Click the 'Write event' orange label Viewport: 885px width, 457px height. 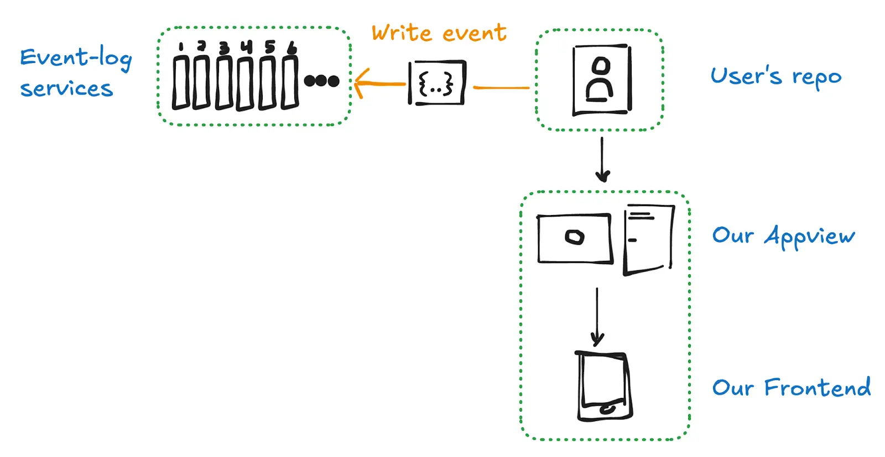tap(439, 33)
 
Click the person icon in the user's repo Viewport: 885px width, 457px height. tap(601, 80)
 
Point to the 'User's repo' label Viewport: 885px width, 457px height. tap(775, 76)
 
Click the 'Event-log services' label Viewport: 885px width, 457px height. tap(76, 73)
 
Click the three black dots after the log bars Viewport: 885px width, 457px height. tap(321, 81)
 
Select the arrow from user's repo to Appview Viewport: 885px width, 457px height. tap(602, 160)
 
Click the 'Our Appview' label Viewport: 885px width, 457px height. tap(783, 236)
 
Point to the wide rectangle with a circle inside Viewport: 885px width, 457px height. tap(575, 238)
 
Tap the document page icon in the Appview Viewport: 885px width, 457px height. tap(648, 239)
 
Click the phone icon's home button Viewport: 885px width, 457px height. tap(607, 409)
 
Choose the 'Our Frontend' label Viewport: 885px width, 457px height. tap(791, 387)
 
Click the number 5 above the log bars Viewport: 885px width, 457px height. tap(269, 46)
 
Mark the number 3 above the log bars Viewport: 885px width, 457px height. tap(223, 48)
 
